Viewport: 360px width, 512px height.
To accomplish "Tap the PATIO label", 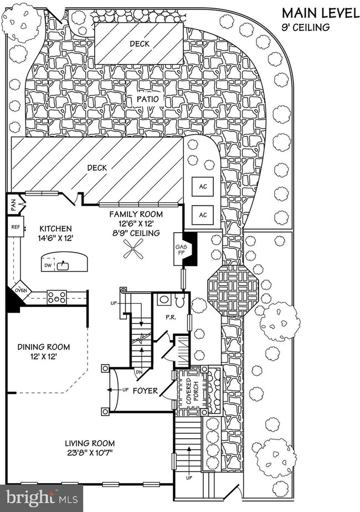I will click(149, 99).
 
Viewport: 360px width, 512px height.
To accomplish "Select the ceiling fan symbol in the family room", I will click(132, 254).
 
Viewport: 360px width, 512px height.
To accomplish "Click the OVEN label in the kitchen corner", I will click(20, 289).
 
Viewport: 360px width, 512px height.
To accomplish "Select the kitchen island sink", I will click(65, 265).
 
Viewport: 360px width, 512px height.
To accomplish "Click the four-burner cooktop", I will click(56, 297).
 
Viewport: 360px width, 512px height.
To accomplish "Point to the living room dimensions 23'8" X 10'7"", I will click(90, 453).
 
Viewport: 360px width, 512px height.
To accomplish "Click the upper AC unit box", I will click(203, 186).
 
